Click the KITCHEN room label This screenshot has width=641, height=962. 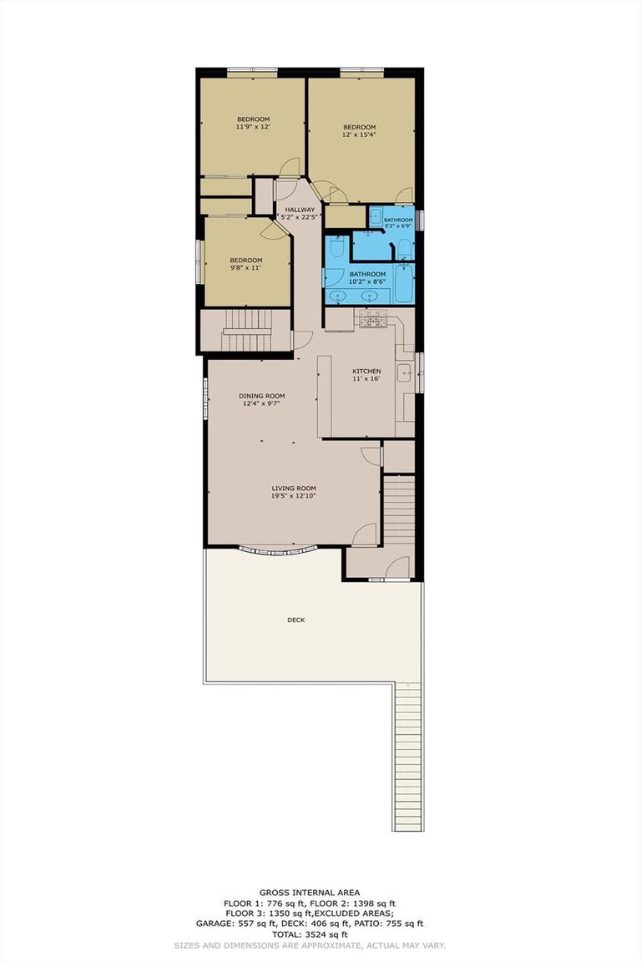(x=366, y=372)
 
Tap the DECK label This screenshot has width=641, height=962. (x=295, y=620)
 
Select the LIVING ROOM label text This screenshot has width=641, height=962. (x=293, y=489)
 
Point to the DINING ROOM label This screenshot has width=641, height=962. (x=262, y=396)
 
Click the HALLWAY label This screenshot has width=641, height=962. (x=300, y=210)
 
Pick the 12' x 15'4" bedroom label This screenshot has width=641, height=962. (x=359, y=127)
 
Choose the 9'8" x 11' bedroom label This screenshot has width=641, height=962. (x=246, y=260)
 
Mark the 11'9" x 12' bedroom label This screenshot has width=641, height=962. (x=252, y=119)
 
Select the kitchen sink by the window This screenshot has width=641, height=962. (x=404, y=373)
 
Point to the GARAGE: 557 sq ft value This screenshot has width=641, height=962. (x=250, y=924)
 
